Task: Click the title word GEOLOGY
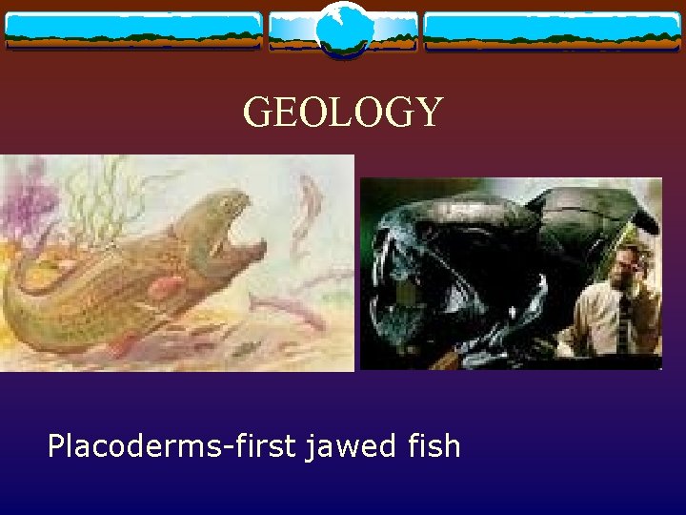click(343, 113)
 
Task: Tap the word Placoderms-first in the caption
click(171, 444)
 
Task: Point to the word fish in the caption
click(434, 444)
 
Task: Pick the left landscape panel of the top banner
click(133, 31)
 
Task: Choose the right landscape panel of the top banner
click(552, 31)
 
